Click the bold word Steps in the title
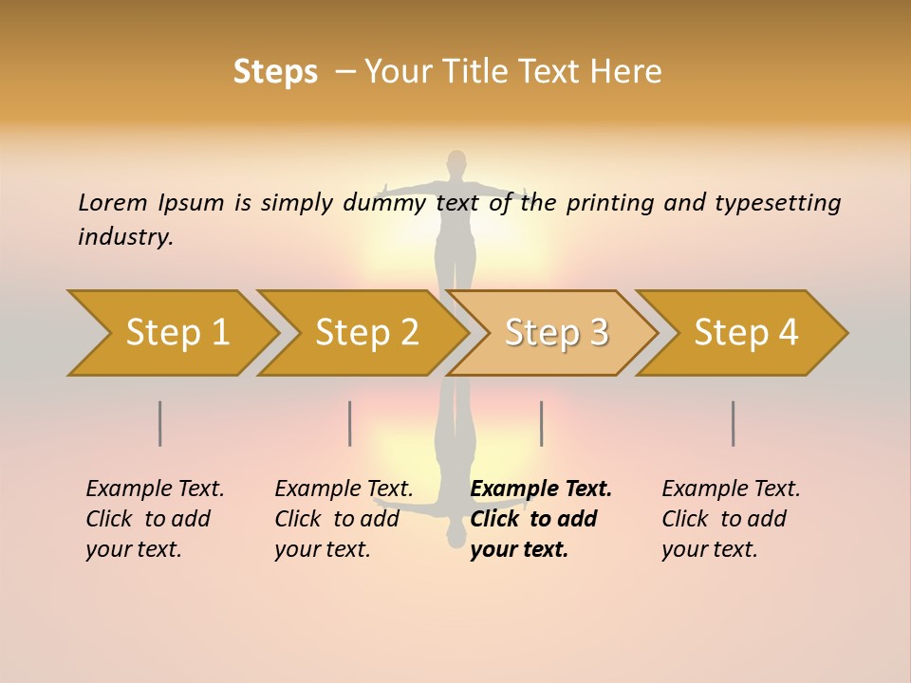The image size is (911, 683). [275, 72]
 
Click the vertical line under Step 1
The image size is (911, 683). [160, 423]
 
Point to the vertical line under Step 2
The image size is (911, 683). [350, 423]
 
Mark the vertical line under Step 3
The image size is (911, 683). [541, 423]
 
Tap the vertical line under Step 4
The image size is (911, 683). [734, 423]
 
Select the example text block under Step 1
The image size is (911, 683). [155, 518]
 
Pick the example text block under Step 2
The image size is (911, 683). [344, 518]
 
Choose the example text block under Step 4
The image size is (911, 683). [731, 518]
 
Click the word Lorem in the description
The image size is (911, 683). [113, 202]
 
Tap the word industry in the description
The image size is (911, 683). [125, 236]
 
